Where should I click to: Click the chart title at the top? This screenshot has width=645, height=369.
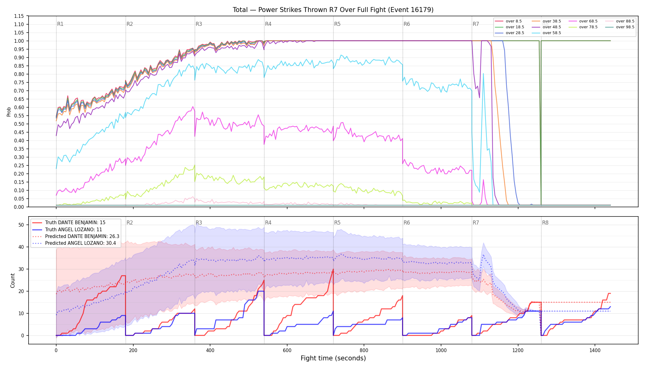333,10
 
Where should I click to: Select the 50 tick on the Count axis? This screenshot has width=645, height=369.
21,225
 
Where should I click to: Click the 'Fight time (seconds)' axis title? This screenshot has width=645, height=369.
333,358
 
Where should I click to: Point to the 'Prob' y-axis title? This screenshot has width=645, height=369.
9,112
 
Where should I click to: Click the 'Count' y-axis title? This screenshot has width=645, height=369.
13,280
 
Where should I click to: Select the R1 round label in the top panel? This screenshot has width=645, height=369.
60,24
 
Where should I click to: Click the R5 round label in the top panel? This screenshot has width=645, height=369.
337,24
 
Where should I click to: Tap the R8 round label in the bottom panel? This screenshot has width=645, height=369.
545,223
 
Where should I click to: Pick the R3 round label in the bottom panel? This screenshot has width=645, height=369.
199,223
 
